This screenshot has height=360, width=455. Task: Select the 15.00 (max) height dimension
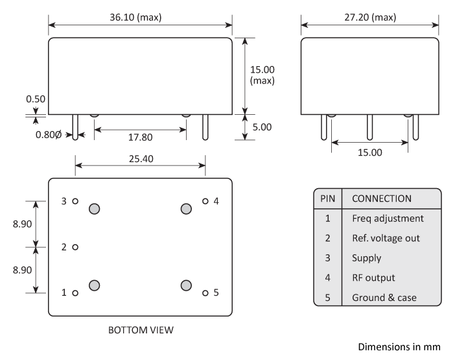262,75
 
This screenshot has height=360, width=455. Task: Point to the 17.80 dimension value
140,138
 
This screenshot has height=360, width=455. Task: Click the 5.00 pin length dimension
262,127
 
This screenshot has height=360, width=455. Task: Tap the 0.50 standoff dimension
35,101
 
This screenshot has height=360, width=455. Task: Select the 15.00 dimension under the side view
369,152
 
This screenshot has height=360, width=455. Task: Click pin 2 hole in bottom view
76,247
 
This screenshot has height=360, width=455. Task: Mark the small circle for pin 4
205,201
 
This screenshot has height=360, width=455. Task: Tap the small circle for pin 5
205,293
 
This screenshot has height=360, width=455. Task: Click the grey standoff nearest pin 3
95,208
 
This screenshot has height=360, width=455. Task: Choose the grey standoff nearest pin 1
95,285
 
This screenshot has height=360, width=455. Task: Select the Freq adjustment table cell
388,218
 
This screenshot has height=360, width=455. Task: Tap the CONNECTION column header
382,198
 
